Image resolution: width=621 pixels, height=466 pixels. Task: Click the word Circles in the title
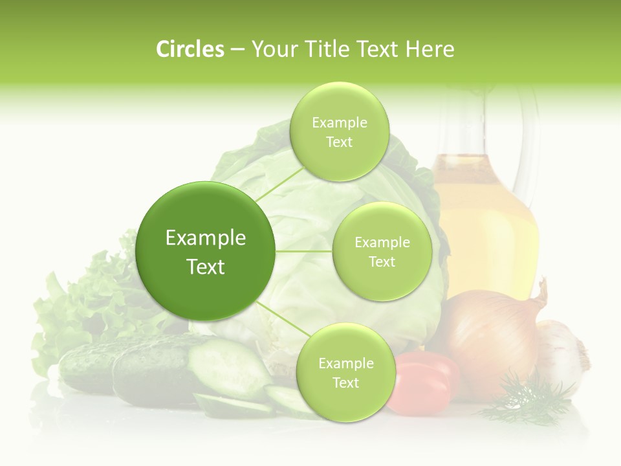click(x=190, y=49)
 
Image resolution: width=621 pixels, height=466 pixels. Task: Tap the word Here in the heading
click(x=430, y=49)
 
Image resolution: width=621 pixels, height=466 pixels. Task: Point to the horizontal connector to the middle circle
click(x=304, y=251)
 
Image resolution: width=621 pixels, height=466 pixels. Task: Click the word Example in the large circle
click(x=206, y=238)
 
